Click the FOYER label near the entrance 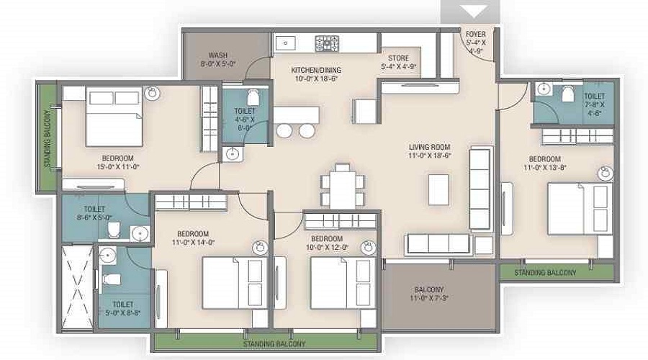(x=475, y=35)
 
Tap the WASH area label (x=218, y=55)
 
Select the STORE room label (x=398, y=58)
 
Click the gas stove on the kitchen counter (x=328, y=43)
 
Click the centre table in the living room (x=438, y=189)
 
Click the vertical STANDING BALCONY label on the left (x=48, y=138)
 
